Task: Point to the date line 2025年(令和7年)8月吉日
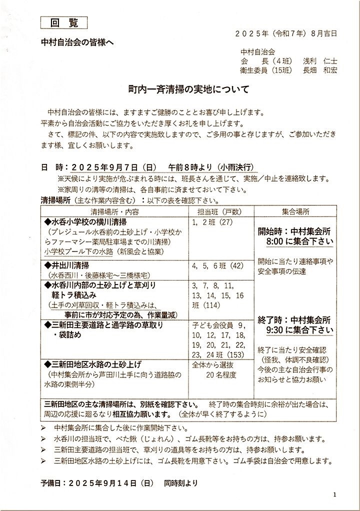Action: coord(286,33)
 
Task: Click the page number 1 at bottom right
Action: coord(334,494)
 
